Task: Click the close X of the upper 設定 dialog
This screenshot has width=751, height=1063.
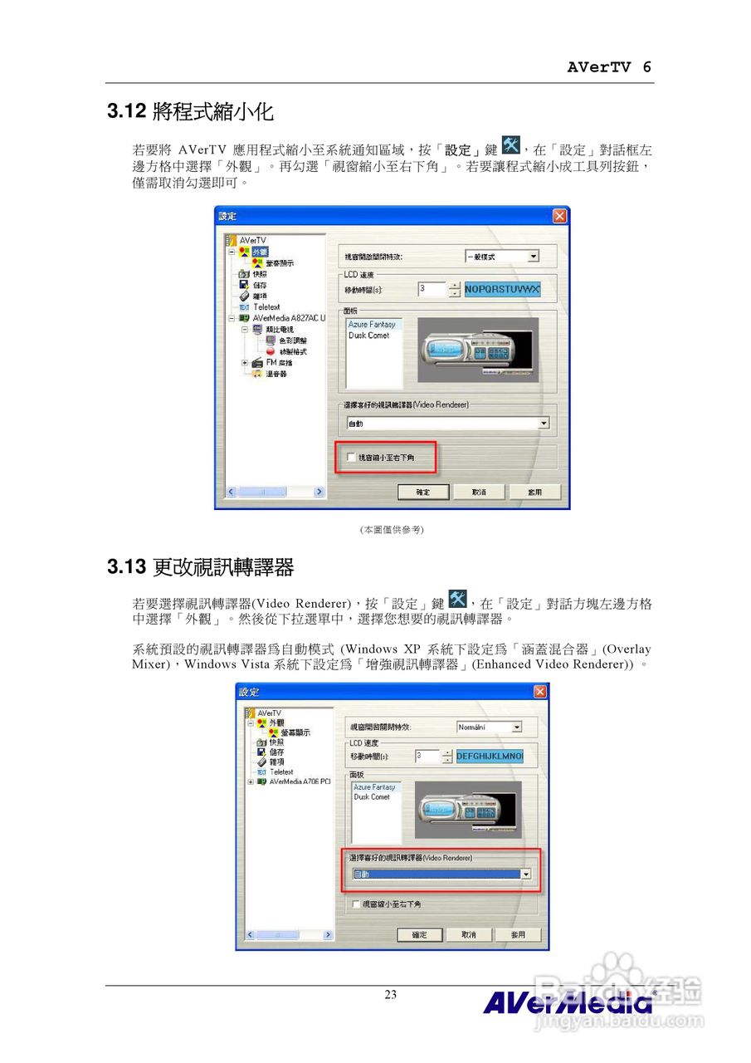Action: (x=559, y=216)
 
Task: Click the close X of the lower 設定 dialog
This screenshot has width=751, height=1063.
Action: (x=540, y=692)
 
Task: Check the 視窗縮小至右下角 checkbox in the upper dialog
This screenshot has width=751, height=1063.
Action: (x=351, y=458)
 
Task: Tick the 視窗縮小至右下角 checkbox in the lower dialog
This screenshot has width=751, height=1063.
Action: (x=357, y=904)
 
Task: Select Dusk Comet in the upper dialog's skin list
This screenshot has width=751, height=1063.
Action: (x=368, y=336)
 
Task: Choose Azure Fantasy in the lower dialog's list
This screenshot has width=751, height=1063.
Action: (x=374, y=786)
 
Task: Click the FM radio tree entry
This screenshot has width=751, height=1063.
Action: (x=278, y=363)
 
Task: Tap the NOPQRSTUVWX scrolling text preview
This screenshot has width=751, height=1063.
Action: (x=502, y=289)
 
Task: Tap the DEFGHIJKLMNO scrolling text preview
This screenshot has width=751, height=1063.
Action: (x=490, y=757)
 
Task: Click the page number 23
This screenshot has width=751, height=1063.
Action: (x=390, y=995)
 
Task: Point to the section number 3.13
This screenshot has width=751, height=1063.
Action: (x=127, y=568)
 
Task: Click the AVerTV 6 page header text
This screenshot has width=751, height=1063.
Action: (x=609, y=67)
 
